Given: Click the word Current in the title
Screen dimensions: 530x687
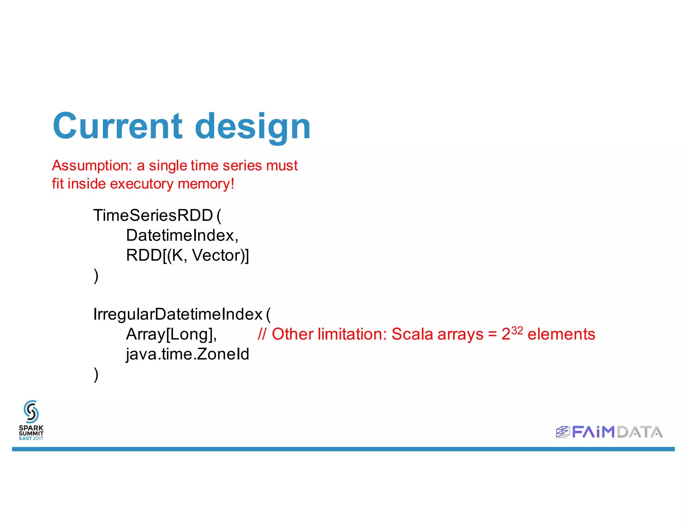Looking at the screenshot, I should pyautogui.click(x=117, y=126).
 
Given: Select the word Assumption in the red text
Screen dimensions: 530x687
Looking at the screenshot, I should pyautogui.click(x=92, y=165).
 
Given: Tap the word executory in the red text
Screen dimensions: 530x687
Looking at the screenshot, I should pyautogui.click(x=142, y=184).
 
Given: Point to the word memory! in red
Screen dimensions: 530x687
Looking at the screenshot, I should pyautogui.click(x=206, y=184).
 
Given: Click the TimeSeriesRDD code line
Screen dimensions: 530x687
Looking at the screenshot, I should pyautogui.click(x=153, y=215).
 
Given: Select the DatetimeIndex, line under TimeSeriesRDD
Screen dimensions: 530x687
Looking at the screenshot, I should pyautogui.click(x=182, y=235).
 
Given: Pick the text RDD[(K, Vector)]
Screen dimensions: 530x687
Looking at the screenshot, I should pyautogui.click(x=187, y=255).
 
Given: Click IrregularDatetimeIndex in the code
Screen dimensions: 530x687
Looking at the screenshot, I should pyautogui.click(x=178, y=314).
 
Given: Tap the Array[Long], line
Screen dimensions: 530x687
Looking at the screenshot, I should pyautogui.click(x=171, y=334).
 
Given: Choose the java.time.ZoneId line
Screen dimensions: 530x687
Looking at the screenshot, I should pyautogui.click(x=187, y=354).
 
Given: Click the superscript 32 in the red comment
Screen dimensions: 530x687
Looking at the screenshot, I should pyautogui.click(x=517, y=331).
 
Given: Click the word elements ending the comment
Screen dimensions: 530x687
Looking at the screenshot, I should pyautogui.click(x=561, y=334).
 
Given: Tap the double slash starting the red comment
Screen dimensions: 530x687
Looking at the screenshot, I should pyautogui.click(x=262, y=334).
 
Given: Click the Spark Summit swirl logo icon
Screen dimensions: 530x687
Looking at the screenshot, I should pyautogui.click(x=31, y=411).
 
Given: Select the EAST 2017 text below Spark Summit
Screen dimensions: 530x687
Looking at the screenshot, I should pyautogui.click(x=31, y=438).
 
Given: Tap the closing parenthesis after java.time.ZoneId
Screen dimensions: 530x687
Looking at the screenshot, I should pyautogui.click(x=96, y=374).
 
